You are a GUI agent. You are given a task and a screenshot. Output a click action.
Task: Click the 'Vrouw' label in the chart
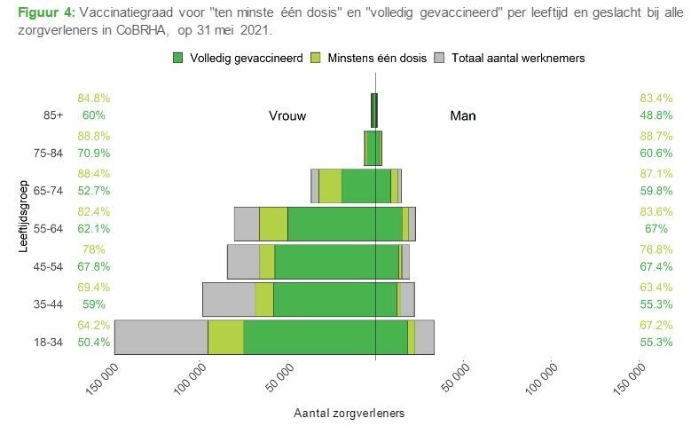click(x=287, y=115)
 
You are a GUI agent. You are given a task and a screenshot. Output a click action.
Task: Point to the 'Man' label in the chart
click(x=463, y=115)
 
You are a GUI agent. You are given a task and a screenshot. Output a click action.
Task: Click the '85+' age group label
click(x=53, y=115)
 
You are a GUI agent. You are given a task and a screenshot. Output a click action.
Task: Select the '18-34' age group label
click(x=48, y=343)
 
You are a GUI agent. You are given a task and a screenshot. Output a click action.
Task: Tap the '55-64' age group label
click(x=48, y=229)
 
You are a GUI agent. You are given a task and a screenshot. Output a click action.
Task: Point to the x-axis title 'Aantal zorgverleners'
click(x=349, y=414)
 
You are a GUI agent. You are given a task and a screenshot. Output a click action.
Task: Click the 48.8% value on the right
click(x=656, y=115)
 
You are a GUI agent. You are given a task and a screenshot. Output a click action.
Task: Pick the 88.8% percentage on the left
click(x=94, y=136)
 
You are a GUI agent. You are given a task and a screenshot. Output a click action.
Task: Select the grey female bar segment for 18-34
click(x=161, y=337)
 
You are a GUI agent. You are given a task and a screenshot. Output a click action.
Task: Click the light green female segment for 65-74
click(x=330, y=185)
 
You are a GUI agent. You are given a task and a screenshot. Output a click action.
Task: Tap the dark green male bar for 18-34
click(x=391, y=337)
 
